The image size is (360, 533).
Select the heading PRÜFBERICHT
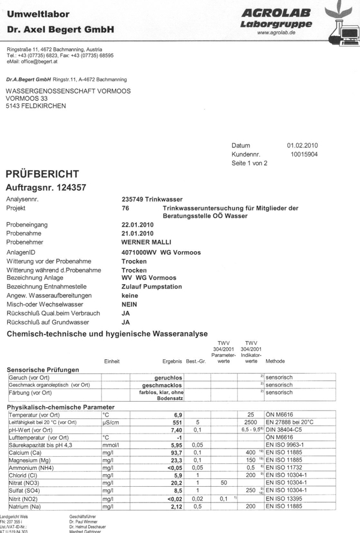pos(42,174)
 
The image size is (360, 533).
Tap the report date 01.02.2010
pos(302,145)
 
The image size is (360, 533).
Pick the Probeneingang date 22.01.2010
pos(137,225)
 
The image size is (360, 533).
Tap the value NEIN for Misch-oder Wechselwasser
pos(130,305)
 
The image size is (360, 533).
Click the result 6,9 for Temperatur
pos(178,415)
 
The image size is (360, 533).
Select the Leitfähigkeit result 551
pos(177,423)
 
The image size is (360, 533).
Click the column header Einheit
pos(112,362)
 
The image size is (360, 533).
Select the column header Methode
pos(275,362)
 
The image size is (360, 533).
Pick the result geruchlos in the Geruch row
pos(169,378)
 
